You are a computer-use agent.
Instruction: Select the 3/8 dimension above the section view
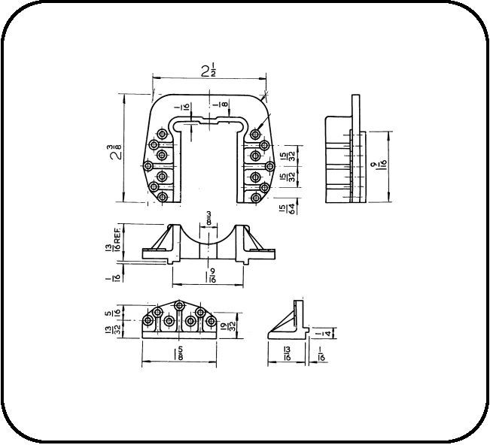pos(207,219)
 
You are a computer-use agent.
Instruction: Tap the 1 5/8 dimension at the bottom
pos(178,353)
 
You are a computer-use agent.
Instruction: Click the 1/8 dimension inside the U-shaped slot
pos(216,107)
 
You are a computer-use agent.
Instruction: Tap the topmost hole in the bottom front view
pos(180,305)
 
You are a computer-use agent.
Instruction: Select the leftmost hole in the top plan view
pos(148,165)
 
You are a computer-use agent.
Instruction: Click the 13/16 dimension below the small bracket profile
pos(286,353)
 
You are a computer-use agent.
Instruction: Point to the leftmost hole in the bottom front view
pos(148,321)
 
